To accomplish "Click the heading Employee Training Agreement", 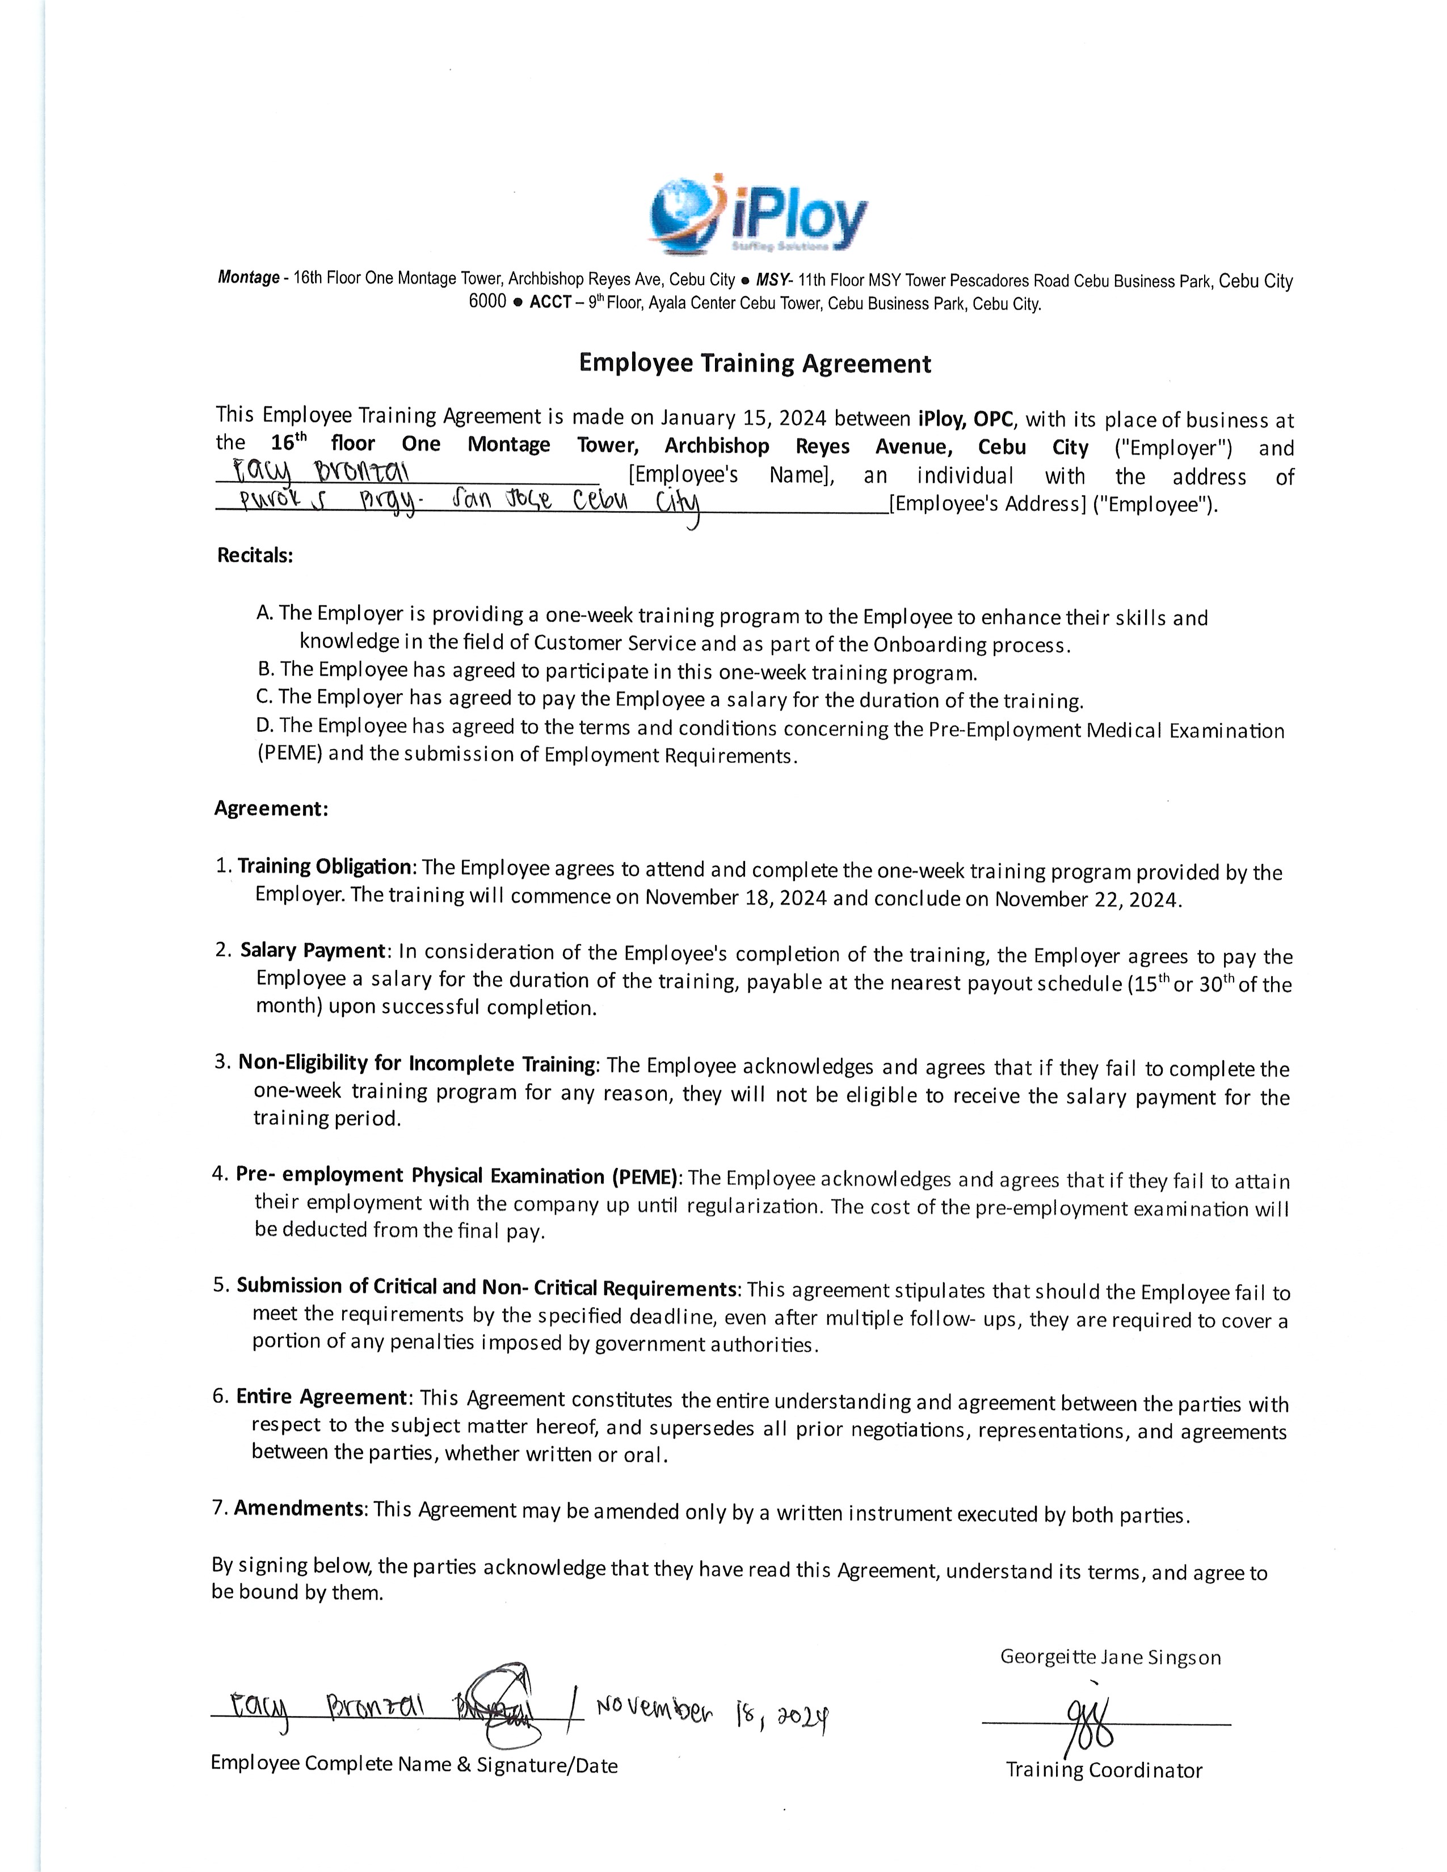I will click(x=754, y=364).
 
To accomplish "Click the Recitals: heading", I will click(x=255, y=555).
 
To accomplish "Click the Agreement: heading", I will click(x=271, y=808).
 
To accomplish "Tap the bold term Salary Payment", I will click(x=313, y=951).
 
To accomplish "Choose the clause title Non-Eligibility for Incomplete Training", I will click(x=417, y=1064).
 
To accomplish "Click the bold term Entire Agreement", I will click(x=321, y=1397).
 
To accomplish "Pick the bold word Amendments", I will click(x=299, y=1508).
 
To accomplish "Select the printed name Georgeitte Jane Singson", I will click(x=1110, y=1657).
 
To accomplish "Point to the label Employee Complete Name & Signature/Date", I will click(x=414, y=1764).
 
